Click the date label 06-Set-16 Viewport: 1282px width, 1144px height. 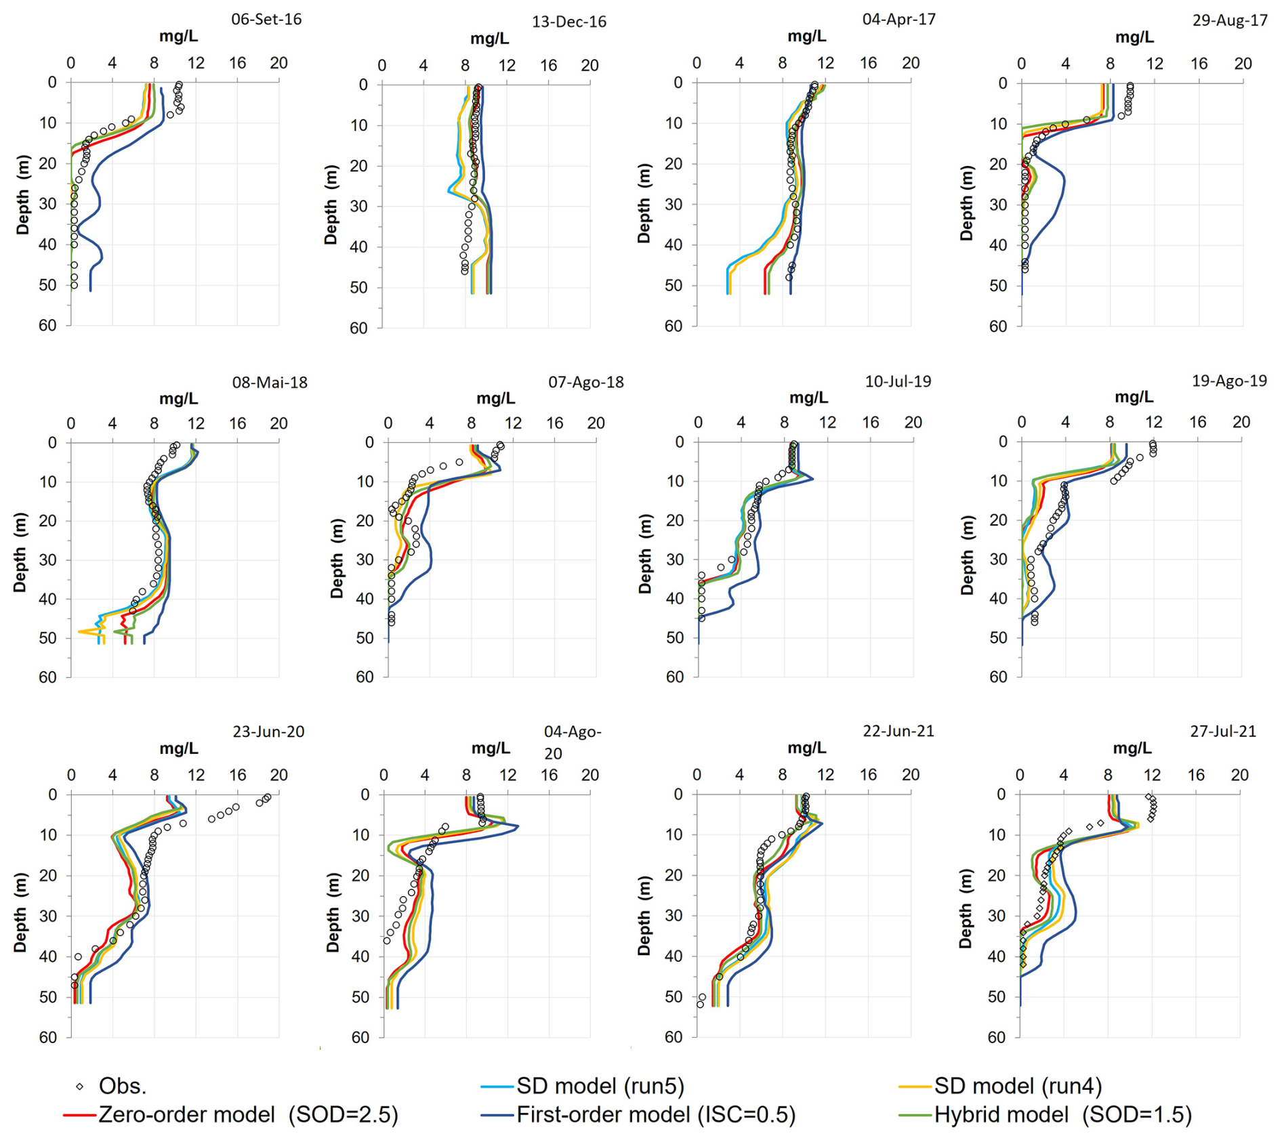point(266,19)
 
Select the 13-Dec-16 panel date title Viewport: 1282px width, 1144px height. point(568,22)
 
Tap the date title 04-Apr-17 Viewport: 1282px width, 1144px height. point(898,19)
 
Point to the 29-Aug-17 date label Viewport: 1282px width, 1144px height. point(1229,20)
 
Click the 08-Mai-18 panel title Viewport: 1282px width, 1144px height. point(270,382)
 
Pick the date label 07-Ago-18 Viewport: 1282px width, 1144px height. point(585,382)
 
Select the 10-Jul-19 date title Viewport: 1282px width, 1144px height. point(898,381)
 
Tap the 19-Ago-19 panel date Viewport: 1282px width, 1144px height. point(1228,381)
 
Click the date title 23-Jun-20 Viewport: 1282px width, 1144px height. point(268,732)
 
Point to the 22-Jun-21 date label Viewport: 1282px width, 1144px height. point(898,731)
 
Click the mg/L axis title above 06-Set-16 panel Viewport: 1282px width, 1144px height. point(178,37)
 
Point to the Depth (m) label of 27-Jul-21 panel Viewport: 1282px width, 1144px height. point(966,910)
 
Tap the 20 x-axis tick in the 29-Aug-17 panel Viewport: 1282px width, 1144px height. point(1242,64)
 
